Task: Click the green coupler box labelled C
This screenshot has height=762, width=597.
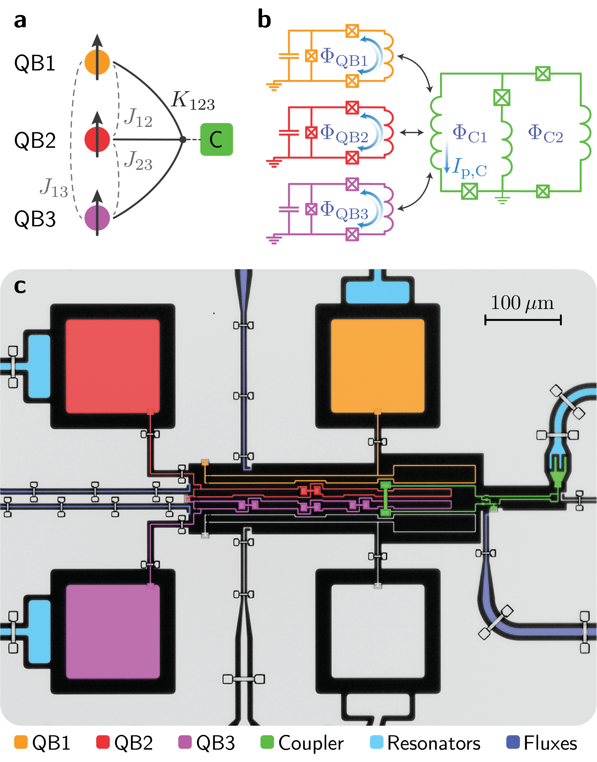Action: pyautogui.click(x=216, y=139)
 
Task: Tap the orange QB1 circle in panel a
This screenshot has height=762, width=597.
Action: pyautogui.click(x=97, y=62)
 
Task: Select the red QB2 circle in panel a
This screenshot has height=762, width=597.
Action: pyautogui.click(x=97, y=139)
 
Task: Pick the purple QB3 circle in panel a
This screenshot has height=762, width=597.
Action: pyautogui.click(x=97, y=218)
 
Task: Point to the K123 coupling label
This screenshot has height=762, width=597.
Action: pyautogui.click(x=193, y=101)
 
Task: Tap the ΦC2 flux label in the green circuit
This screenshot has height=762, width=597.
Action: pyautogui.click(x=545, y=134)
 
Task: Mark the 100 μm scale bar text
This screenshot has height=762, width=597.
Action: pyautogui.click(x=522, y=303)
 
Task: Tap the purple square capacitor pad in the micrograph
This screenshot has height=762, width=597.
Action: pyautogui.click(x=113, y=632)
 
